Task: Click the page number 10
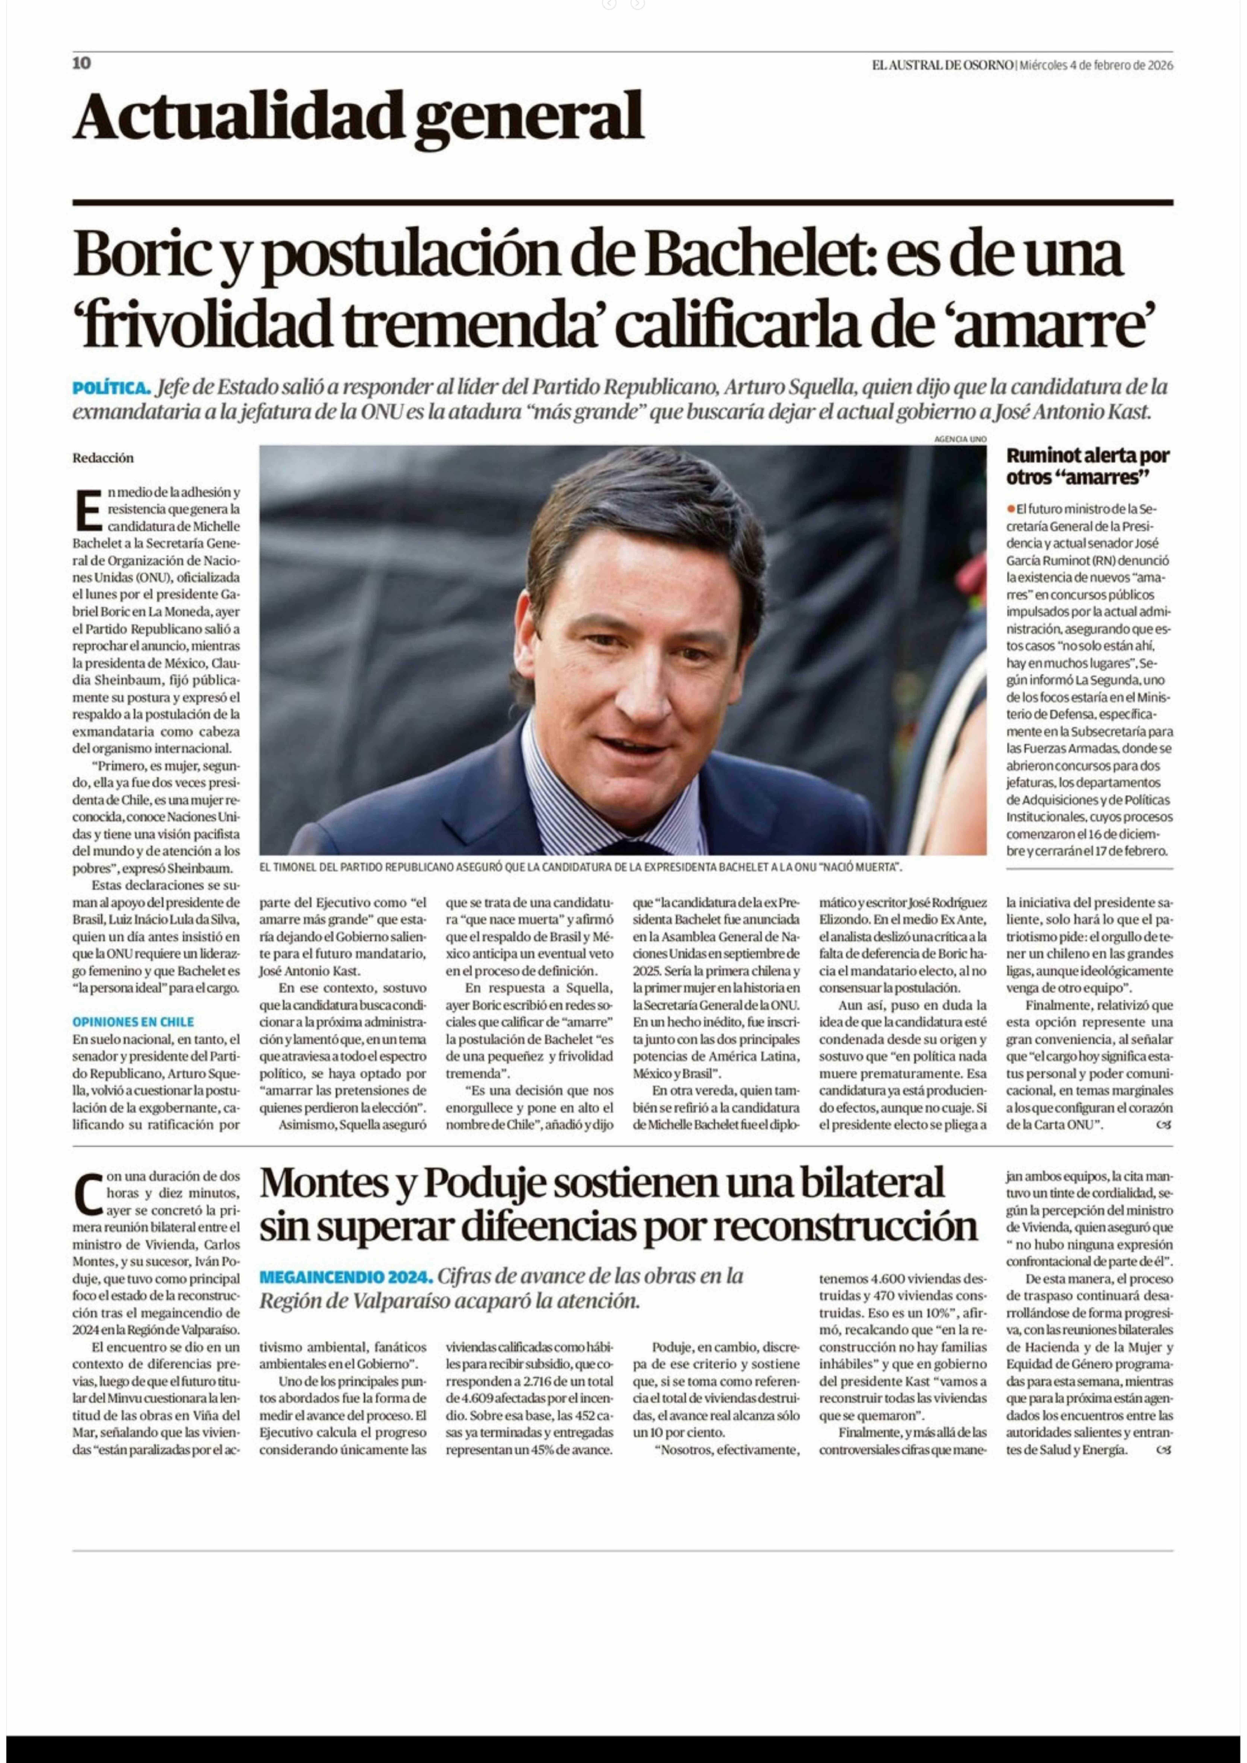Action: click(81, 63)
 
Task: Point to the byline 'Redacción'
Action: click(103, 458)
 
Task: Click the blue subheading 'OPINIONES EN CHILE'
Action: click(133, 1022)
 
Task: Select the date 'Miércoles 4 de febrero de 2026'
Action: click(1096, 65)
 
